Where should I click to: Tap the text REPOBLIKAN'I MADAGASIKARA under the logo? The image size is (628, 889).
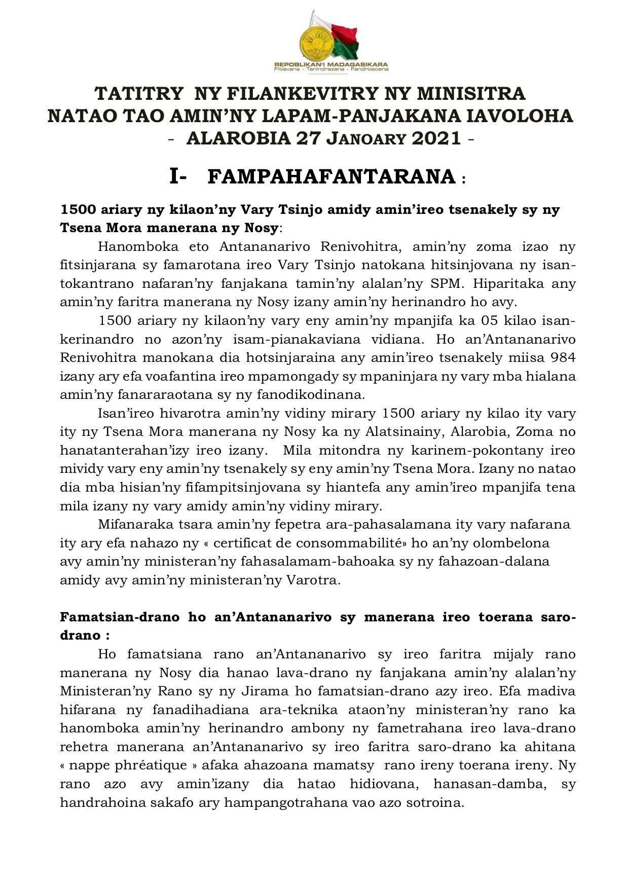pos(331,65)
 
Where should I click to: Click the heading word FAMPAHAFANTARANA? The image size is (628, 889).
pos(331,177)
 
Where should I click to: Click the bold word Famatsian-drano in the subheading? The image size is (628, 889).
pos(120,617)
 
